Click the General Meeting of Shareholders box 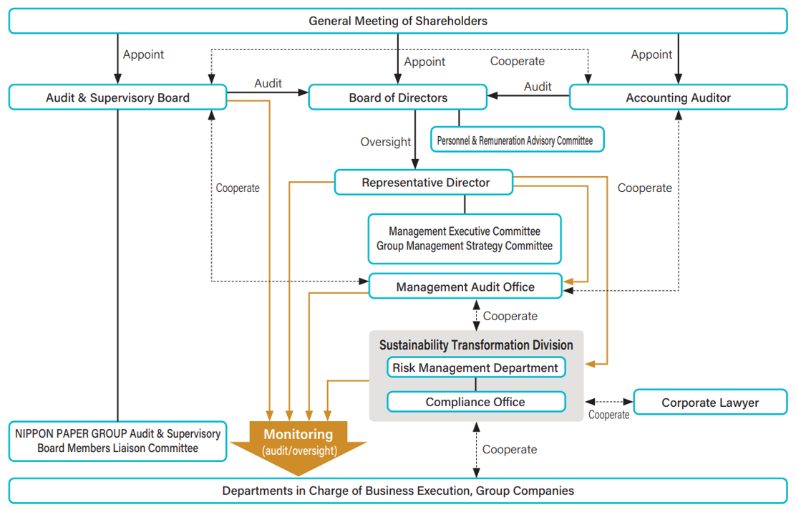point(398,21)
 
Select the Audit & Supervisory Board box point(117,97)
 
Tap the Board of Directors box point(398,97)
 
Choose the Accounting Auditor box point(678,97)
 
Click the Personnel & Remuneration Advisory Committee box point(515,140)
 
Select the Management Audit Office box point(465,287)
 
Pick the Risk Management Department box point(475,368)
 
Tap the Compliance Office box point(475,402)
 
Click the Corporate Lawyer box point(710,403)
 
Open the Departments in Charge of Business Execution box point(398,491)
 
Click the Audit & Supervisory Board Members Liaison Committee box point(117,441)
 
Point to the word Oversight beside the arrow point(386,142)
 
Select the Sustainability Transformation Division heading point(476,345)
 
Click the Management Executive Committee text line point(465,231)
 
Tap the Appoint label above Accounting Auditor point(651,54)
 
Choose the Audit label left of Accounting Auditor point(538,87)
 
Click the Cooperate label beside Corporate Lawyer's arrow point(609,415)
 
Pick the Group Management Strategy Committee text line point(465,246)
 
